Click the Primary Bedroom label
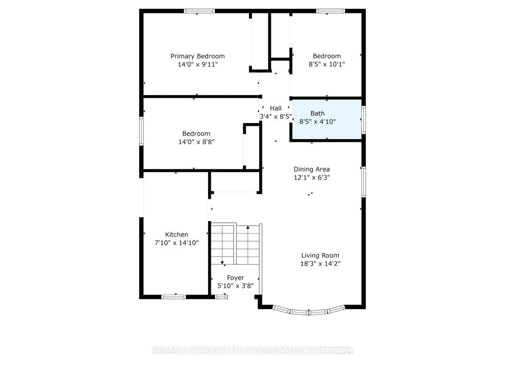click(x=197, y=56)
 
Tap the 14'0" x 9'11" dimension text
click(x=197, y=65)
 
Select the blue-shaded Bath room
click(x=326, y=119)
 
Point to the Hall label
click(x=276, y=108)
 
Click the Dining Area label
click(x=312, y=169)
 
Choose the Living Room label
click(x=320, y=256)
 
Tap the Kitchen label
click(x=177, y=234)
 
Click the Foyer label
click(x=235, y=278)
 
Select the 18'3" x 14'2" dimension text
click(x=320, y=264)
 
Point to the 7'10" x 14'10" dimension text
click(x=177, y=243)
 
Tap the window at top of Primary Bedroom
click(x=199, y=11)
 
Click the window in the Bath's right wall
click(x=363, y=119)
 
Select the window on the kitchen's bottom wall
click(x=174, y=297)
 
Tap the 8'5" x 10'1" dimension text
click(x=326, y=64)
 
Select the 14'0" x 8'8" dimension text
click(x=196, y=142)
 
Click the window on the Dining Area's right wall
click(x=363, y=182)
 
